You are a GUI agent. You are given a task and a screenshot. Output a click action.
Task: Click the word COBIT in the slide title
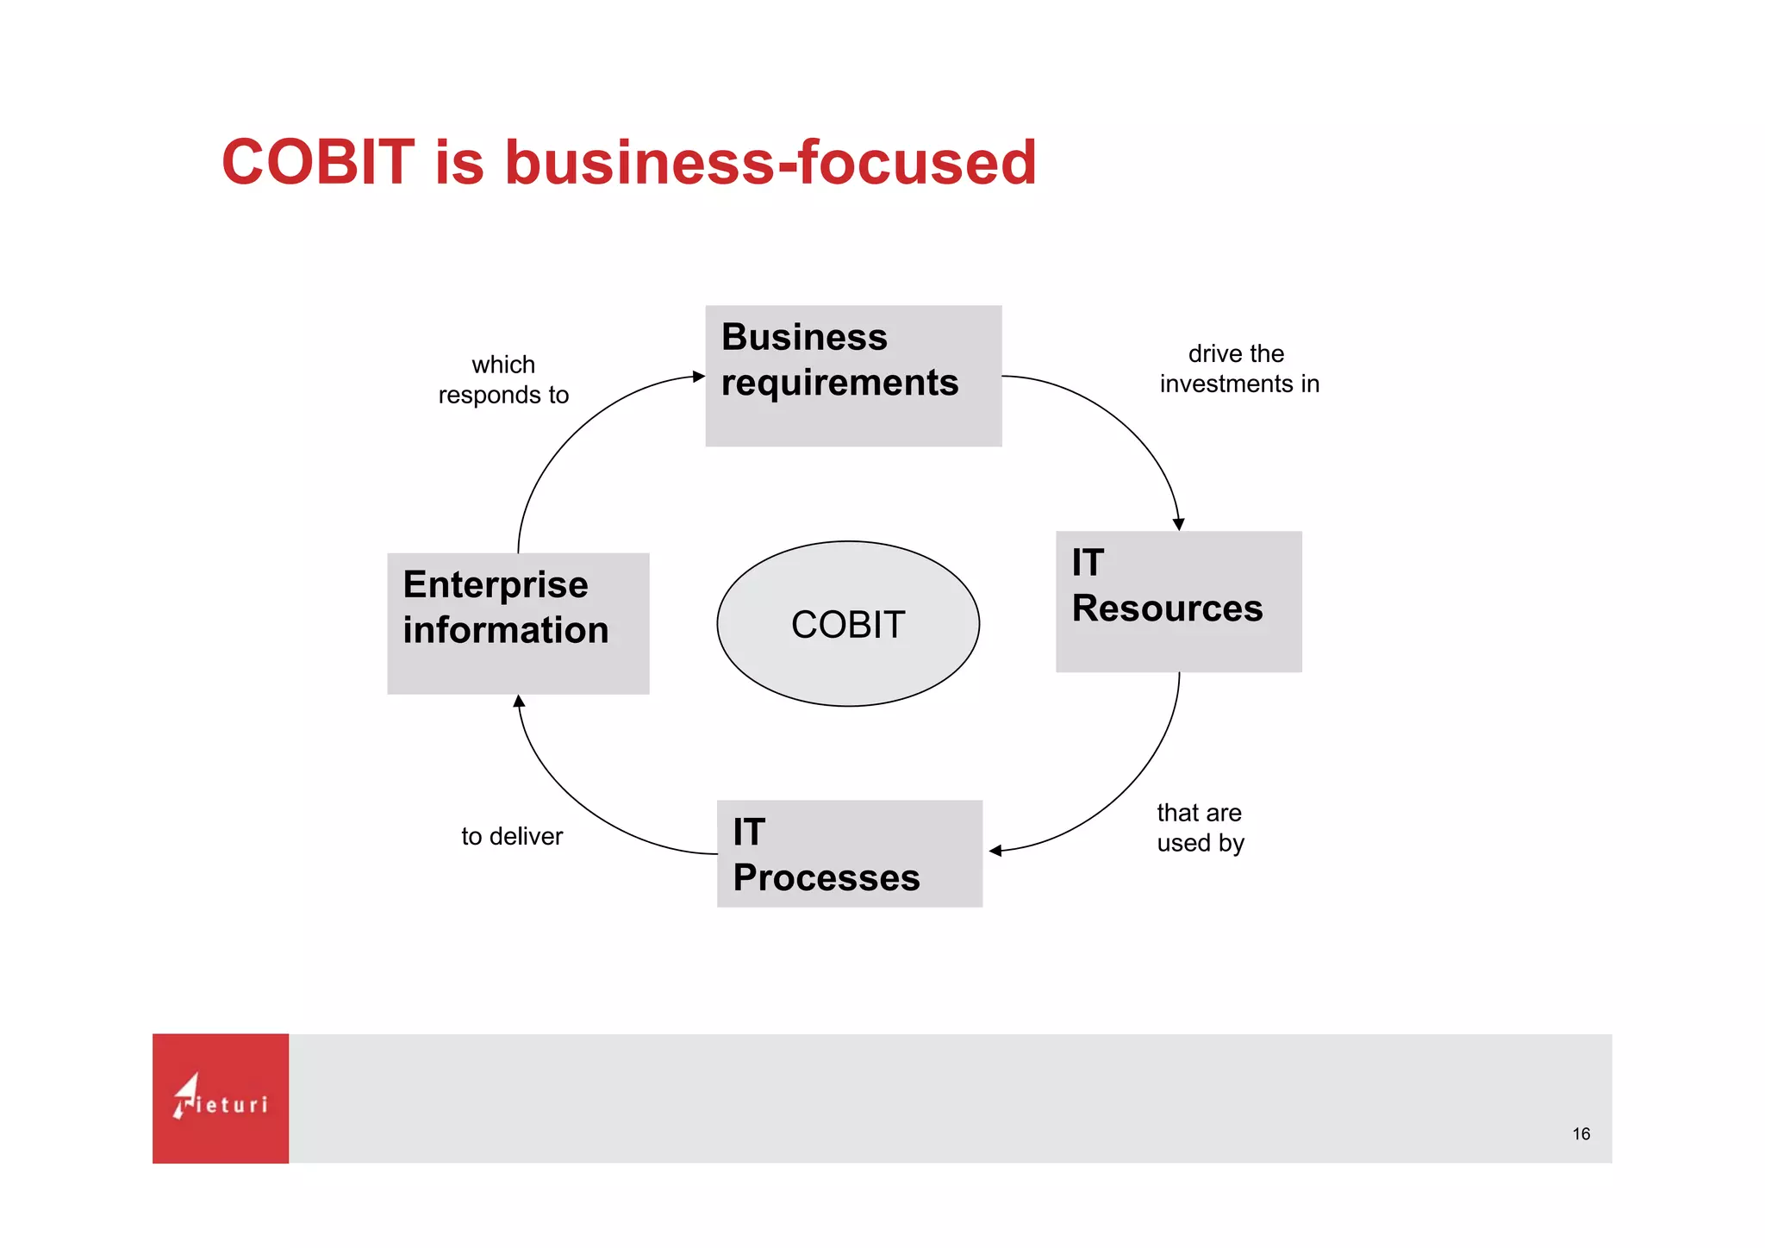coord(318,162)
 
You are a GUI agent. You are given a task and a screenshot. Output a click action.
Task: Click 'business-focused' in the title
coord(770,162)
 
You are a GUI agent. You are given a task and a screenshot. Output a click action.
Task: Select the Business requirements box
coord(852,376)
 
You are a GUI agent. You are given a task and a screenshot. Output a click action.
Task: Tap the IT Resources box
coord(1177,602)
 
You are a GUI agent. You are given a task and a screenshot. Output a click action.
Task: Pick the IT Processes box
coord(849,853)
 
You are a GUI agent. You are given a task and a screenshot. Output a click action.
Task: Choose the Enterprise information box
coord(517,623)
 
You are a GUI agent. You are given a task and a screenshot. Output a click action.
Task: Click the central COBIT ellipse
coord(848,624)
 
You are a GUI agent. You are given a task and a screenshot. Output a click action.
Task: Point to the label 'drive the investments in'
coord(1238,369)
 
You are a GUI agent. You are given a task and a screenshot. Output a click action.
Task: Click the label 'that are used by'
coord(1200,827)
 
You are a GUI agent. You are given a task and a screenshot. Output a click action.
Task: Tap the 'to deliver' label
coord(512,836)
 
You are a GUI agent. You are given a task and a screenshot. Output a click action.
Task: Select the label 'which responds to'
coord(503,379)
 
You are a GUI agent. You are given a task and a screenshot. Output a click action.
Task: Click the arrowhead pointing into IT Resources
coord(1178,524)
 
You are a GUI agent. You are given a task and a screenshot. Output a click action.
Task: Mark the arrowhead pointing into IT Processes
coord(995,851)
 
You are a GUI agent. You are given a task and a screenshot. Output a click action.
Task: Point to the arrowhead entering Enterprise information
coord(519,702)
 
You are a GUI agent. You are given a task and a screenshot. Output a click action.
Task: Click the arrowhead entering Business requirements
coord(698,377)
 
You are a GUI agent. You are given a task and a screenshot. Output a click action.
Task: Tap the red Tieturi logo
coord(221,1098)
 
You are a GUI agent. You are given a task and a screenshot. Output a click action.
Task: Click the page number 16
coord(1581,1134)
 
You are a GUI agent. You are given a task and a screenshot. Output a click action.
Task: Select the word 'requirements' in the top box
coord(839,383)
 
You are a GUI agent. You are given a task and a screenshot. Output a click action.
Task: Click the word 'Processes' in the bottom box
coord(826,878)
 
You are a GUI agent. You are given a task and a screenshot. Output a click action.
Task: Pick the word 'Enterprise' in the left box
coord(496,585)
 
